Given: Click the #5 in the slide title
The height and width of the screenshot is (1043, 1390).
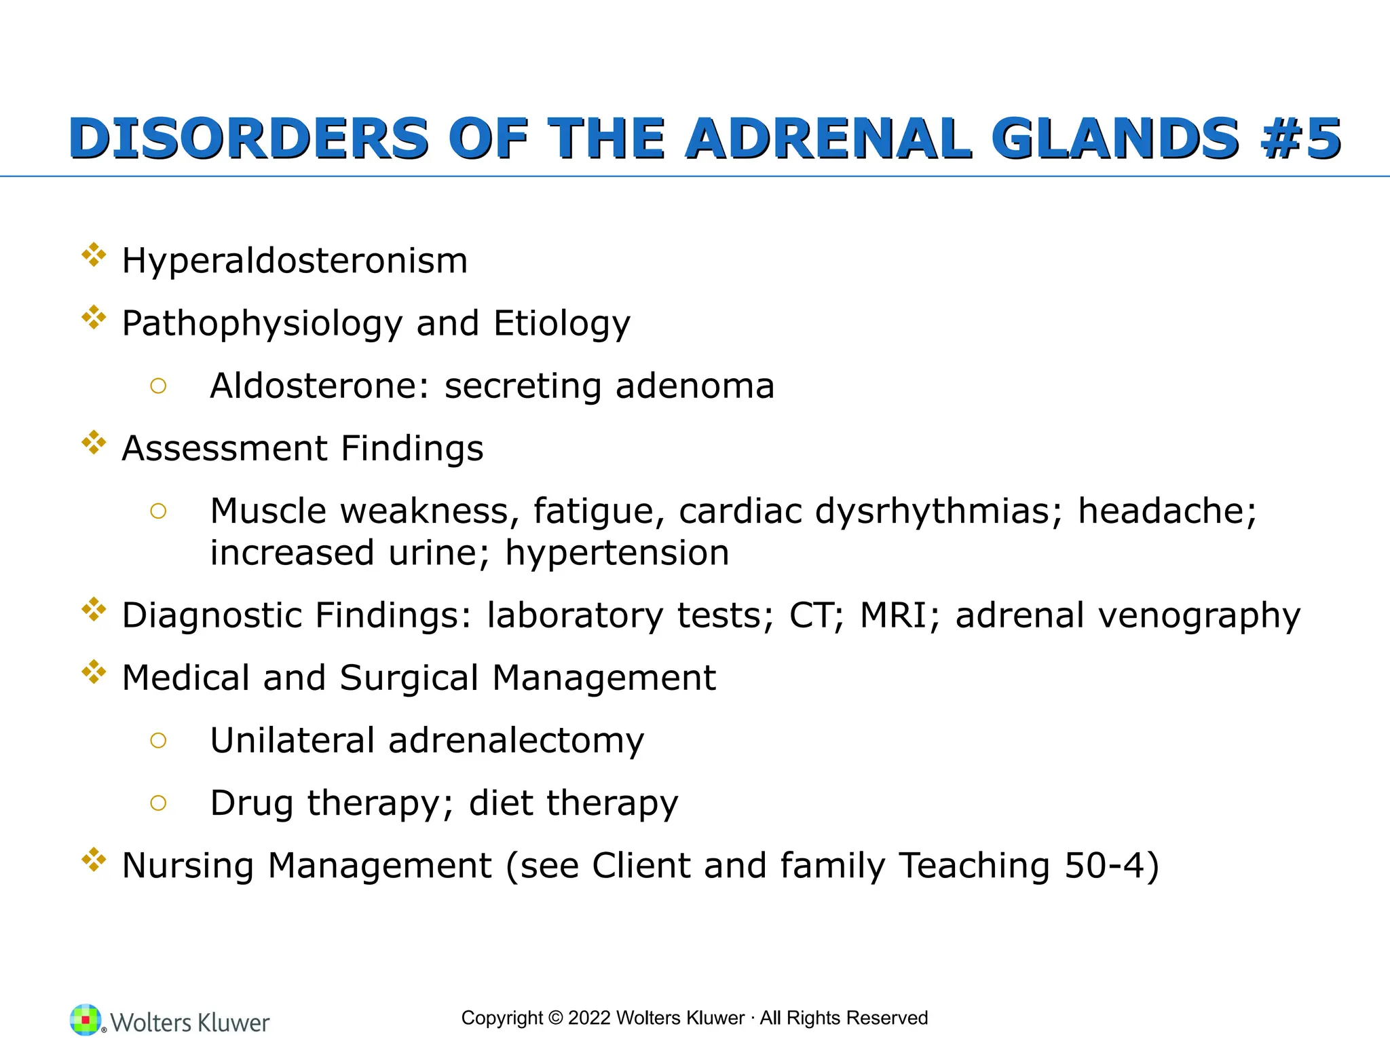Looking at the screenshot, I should [x=1300, y=139].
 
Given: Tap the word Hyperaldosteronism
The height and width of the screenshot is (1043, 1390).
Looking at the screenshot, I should [x=295, y=261].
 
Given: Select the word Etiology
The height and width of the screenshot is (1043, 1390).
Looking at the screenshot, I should [x=562, y=324].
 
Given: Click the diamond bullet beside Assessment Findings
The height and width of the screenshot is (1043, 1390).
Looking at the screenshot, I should [x=94, y=443].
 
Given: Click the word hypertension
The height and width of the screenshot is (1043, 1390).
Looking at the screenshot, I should [x=617, y=553].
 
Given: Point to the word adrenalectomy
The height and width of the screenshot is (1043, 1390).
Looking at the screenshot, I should [x=516, y=740].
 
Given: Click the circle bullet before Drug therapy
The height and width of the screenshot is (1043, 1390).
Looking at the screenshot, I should [x=158, y=803].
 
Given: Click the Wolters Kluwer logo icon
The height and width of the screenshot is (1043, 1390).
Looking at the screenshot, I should [x=86, y=1020].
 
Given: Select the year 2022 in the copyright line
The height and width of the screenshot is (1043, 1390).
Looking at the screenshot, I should [x=589, y=1018].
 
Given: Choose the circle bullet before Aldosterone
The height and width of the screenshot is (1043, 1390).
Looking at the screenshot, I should [x=158, y=386].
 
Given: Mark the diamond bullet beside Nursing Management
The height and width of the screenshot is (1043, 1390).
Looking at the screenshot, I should [x=94, y=860].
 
